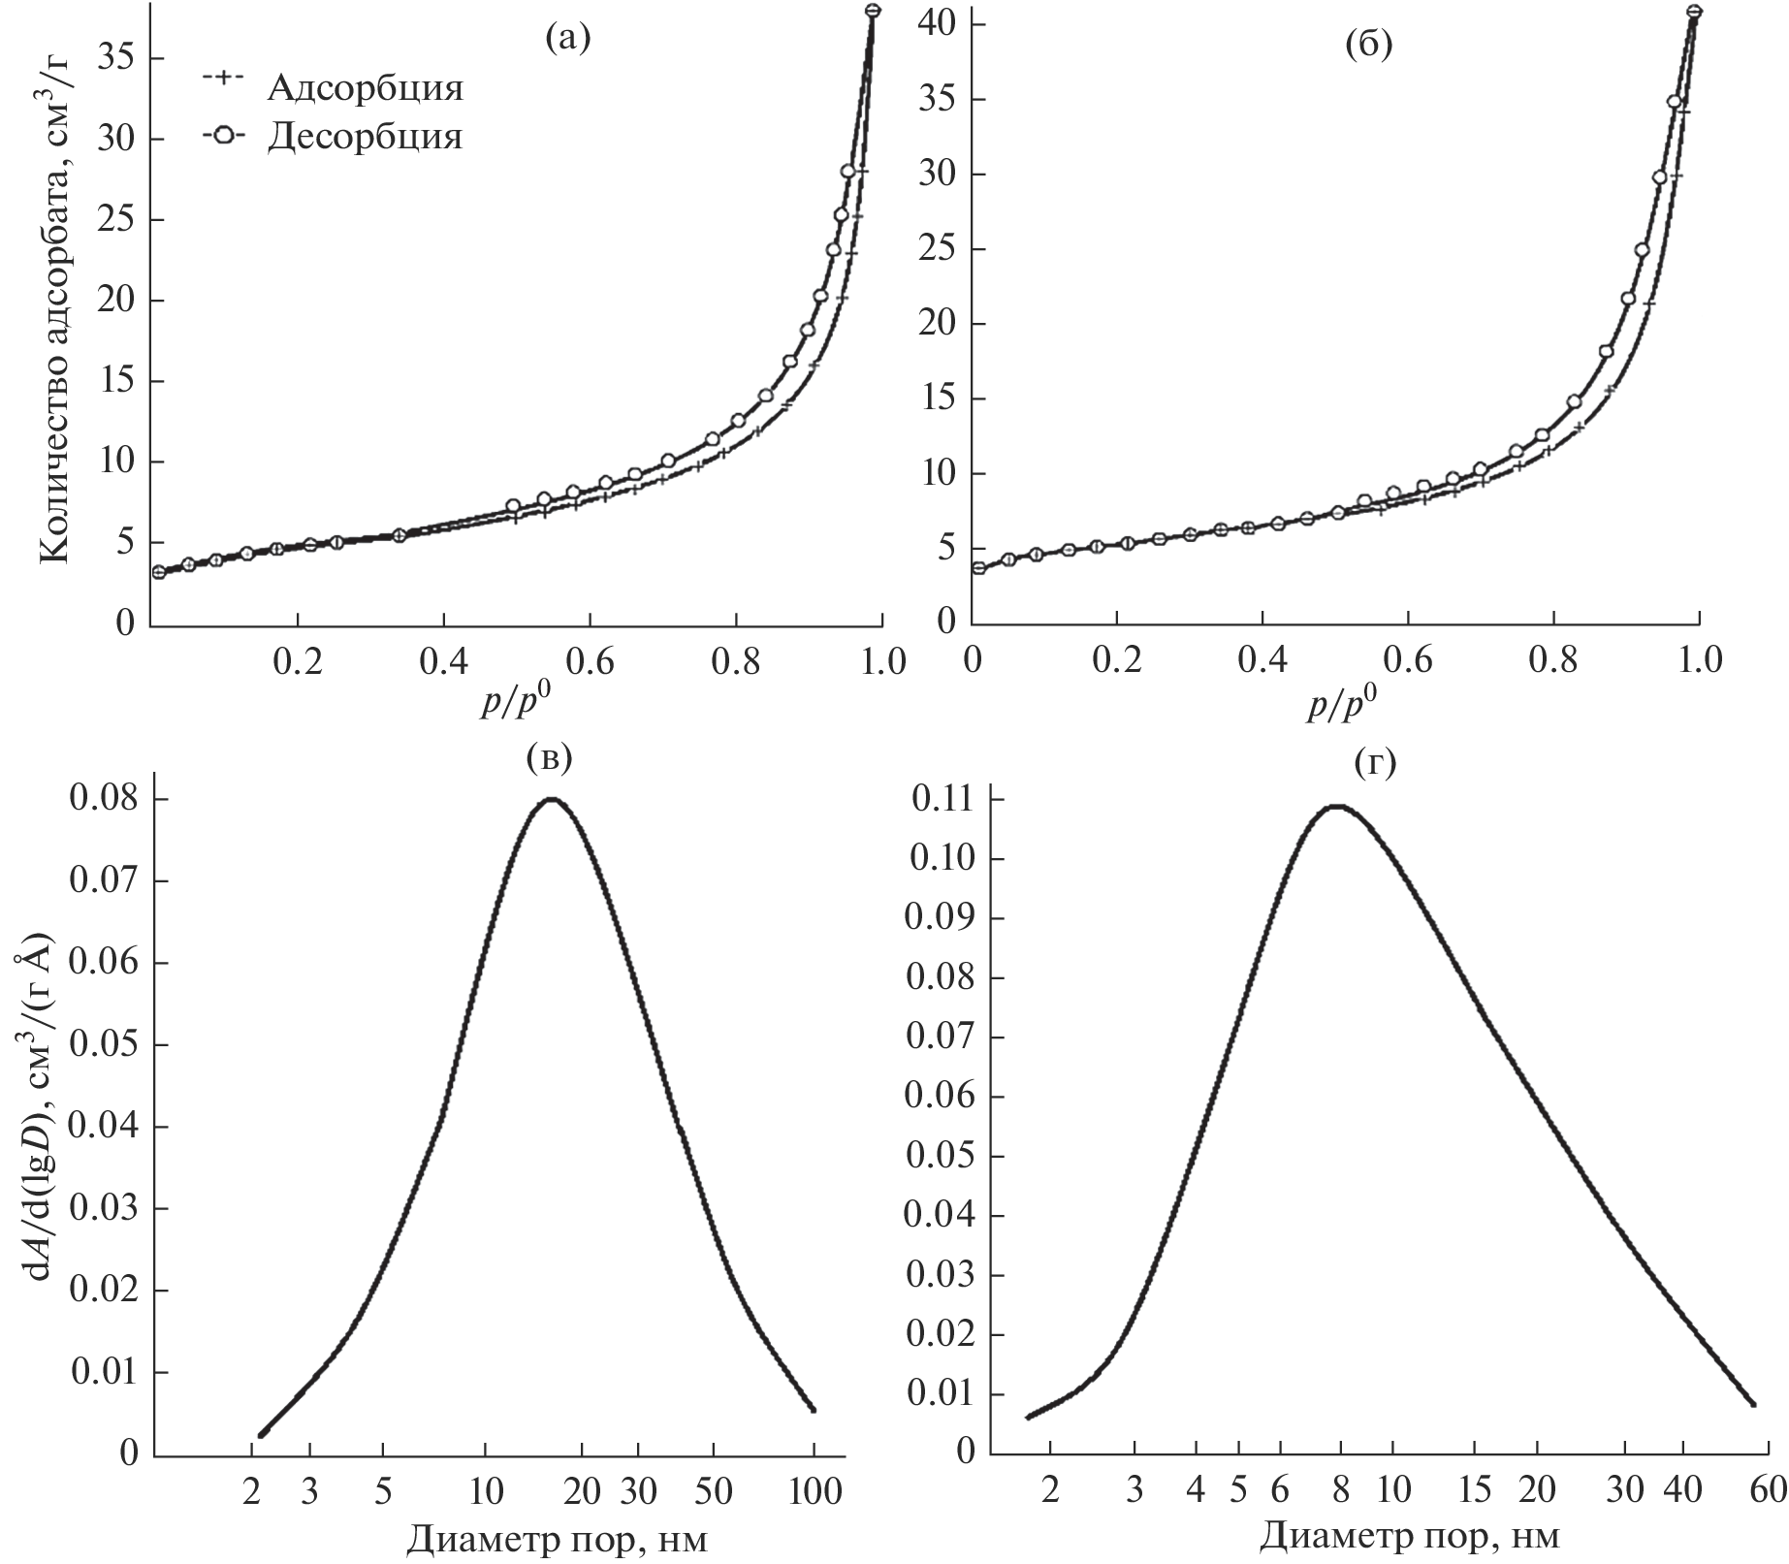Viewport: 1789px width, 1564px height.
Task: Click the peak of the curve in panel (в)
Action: (x=552, y=799)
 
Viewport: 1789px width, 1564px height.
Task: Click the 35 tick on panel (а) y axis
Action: (x=116, y=58)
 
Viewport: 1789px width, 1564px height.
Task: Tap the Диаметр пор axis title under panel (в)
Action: (x=557, y=1538)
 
